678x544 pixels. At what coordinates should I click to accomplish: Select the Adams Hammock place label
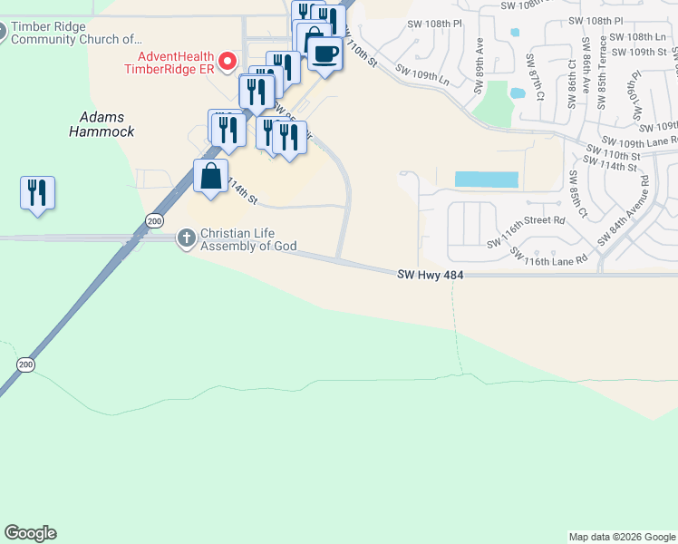pyautogui.click(x=102, y=124)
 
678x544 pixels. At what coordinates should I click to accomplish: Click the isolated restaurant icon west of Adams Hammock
pyautogui.click(x=37, y=193)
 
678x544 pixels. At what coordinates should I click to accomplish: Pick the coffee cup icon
pyautogui.click(x=324, y=53)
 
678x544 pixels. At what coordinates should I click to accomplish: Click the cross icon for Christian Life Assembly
pyautogui.click(x=186, y=238)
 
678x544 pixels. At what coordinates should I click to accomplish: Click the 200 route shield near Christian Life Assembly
pyautogui.click(x=153, y=221)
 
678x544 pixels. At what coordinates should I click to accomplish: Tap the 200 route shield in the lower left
pyautogui.click(x=25, y=364)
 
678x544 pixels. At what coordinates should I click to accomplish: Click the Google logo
pyautogui.click(x=30, y=533)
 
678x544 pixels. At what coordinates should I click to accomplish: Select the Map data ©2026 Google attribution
pyautogui.click(x=621, y=537)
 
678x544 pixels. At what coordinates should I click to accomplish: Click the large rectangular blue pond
pyautogui.click(x=486, y=180)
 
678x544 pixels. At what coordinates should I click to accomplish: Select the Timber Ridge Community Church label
pyautogui.click(x=77, y=33)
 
